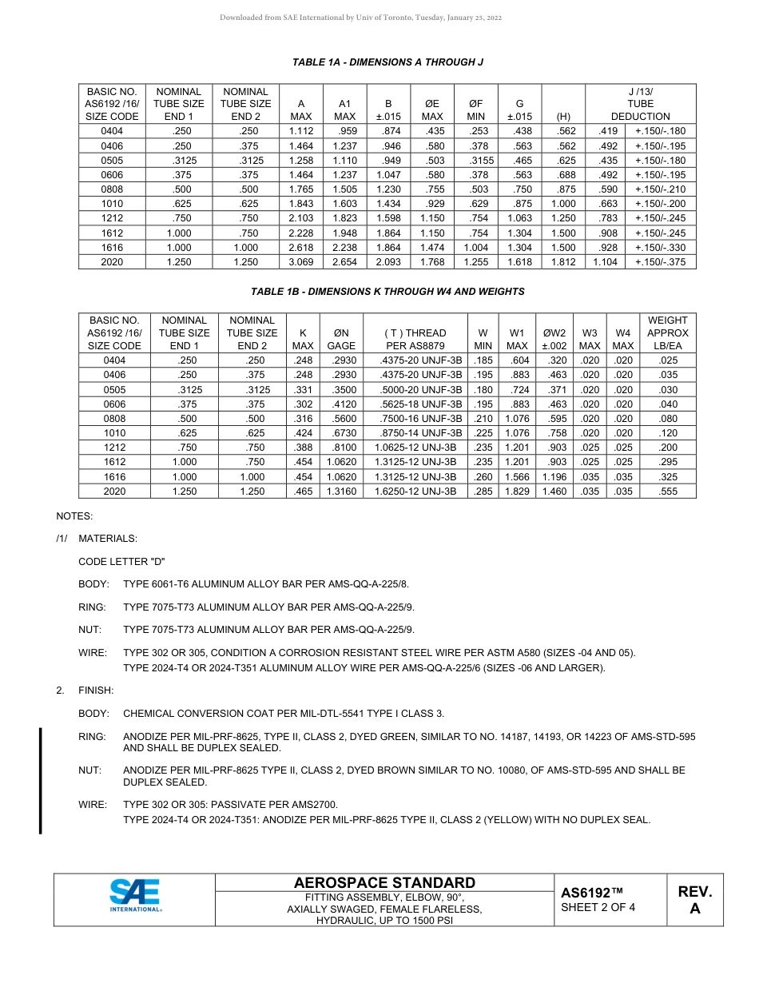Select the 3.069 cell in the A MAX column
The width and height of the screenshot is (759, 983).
coord(300,262)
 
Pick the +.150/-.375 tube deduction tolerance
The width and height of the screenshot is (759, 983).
coord(660,262)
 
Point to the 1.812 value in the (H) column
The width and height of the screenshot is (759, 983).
coord(563,262)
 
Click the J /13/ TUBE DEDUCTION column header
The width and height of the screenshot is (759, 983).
coord(640,104)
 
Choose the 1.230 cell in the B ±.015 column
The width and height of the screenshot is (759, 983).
coord(388,189)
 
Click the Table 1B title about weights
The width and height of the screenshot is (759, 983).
coord(387,292)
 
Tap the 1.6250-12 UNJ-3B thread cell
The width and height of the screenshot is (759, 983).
coord(415,491)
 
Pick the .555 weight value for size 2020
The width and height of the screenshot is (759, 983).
coord(667,491)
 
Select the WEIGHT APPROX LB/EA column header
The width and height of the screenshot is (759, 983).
coord(667,333)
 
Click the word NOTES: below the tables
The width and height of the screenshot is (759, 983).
coord(74,516)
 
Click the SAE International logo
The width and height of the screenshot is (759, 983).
coord(135,895)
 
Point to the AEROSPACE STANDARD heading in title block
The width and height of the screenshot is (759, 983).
coord(384,882)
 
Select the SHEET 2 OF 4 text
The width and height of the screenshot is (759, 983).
coord(598,907)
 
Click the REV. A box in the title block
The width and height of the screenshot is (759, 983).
coord(694,900)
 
